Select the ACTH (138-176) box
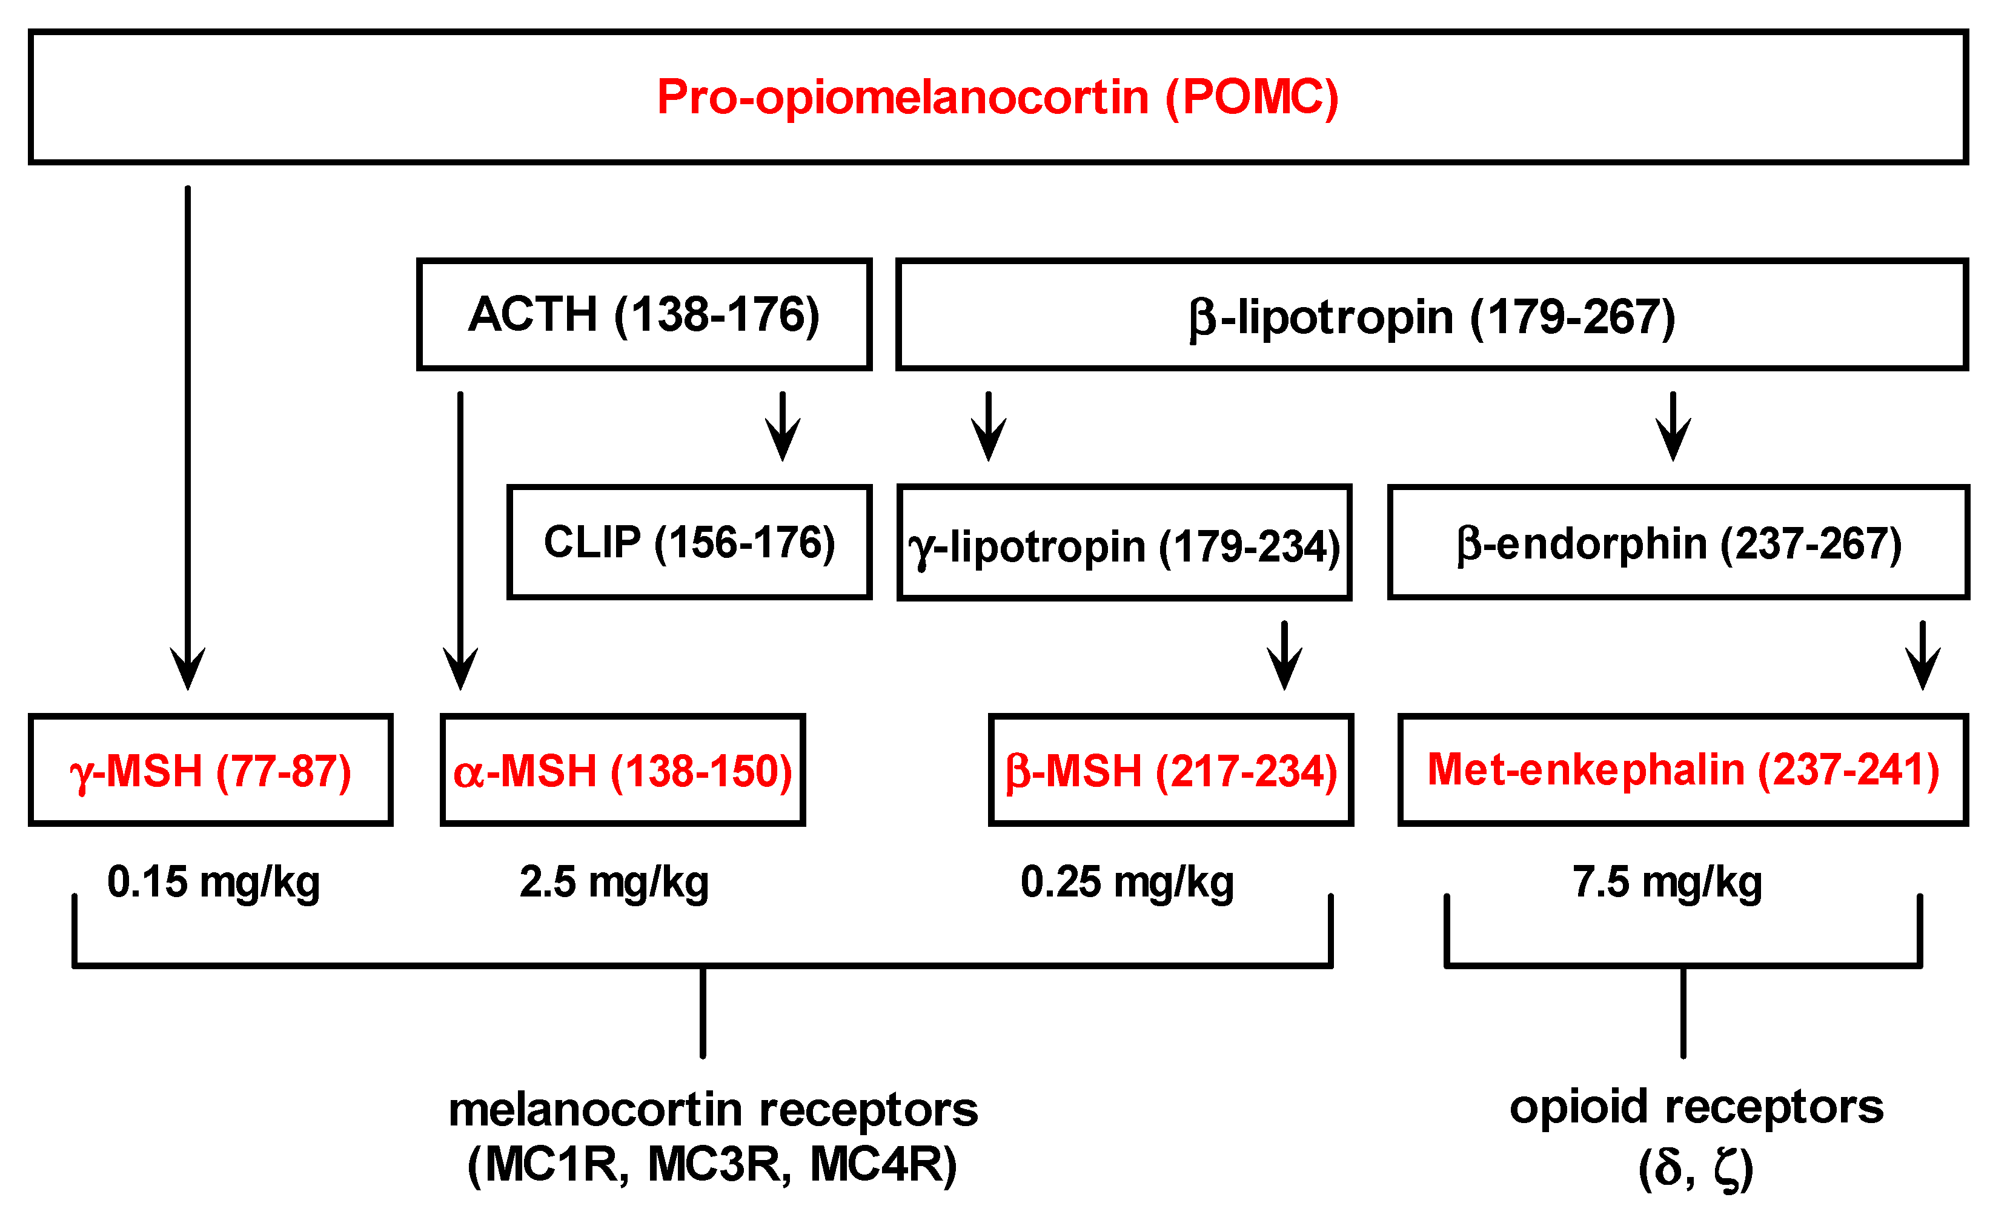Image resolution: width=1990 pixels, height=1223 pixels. [644, 314]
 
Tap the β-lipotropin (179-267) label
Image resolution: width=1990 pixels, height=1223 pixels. [1432, 316]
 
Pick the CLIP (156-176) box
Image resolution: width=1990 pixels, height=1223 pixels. [689, 542]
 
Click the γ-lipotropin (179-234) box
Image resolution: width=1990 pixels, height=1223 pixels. [1124, 543]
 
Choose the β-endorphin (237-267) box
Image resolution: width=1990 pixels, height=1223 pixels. [1679, 543]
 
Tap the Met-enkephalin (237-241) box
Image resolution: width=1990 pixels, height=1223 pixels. [1683, 769]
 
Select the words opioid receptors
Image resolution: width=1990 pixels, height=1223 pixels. [1696, 1107]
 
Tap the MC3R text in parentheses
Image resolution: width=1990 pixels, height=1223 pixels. [719, 1165]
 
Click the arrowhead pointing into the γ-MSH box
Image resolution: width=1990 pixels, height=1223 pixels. [188, 671]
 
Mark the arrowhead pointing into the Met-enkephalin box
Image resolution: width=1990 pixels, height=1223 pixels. [1923, 671]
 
